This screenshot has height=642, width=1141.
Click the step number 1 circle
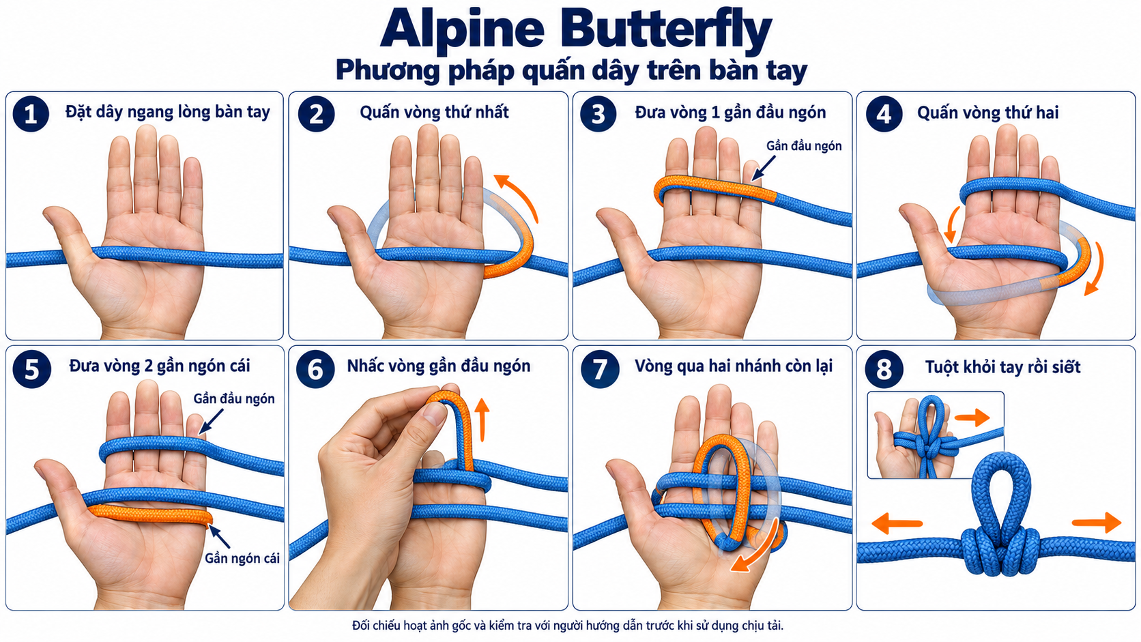pos(31,113)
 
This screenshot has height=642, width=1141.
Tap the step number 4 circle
pos(884,113)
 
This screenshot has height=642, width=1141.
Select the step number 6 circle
pos(315,369)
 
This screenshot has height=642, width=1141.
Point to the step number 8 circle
pos(884,369)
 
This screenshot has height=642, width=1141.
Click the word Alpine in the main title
pos(463,29)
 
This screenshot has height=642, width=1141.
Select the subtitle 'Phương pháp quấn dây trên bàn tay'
pos(571,71)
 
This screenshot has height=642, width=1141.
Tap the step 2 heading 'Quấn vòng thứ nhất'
pos(434,112)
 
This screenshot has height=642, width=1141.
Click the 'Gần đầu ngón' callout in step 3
pos(804,146)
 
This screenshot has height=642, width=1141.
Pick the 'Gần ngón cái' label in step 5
pos(242,559)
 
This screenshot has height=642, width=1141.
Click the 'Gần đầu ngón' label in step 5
pos(234,398)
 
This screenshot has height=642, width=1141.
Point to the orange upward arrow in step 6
pos(482,420)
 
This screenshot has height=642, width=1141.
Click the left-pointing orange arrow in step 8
pos(897,523)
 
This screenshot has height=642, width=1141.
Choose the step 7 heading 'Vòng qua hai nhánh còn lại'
pos(734,366)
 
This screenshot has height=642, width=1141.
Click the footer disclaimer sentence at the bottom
pos(568,626)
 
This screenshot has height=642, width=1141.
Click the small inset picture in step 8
pos(936,435)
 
